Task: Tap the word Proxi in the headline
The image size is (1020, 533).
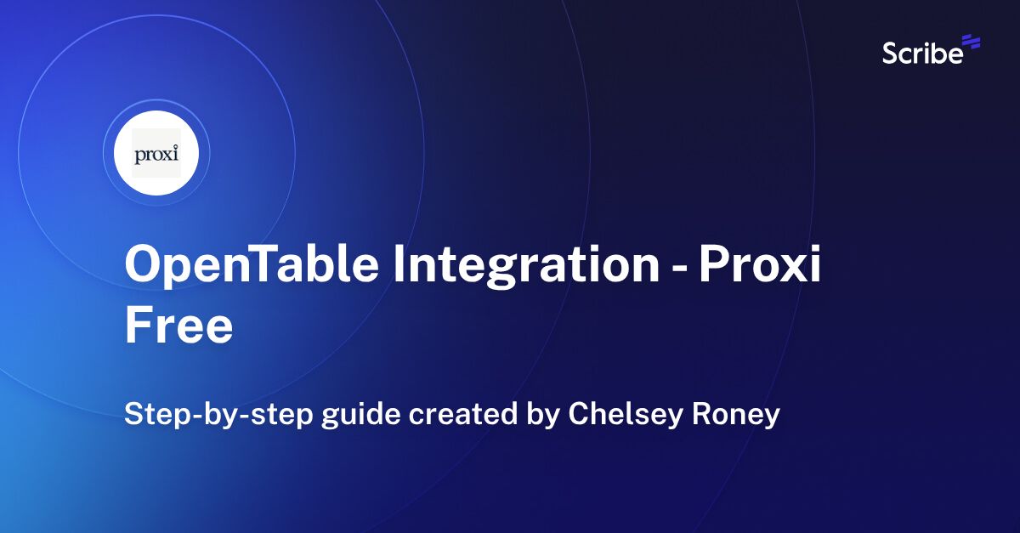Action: click(760, 265)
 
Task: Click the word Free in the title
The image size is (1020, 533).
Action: click(178, 326)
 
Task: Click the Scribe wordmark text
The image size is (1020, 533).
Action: click(922, 54)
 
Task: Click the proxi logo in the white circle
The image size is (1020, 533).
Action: click(156, 154)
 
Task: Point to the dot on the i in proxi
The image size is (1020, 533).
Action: click(175, 147)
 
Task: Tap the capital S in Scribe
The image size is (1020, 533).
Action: click(890, 54)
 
